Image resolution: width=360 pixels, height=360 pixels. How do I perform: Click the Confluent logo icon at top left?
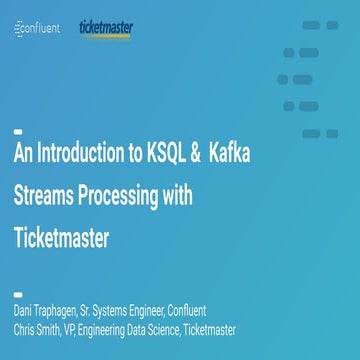pos(20,30)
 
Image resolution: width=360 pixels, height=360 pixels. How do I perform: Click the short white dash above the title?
pos(17,131)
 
